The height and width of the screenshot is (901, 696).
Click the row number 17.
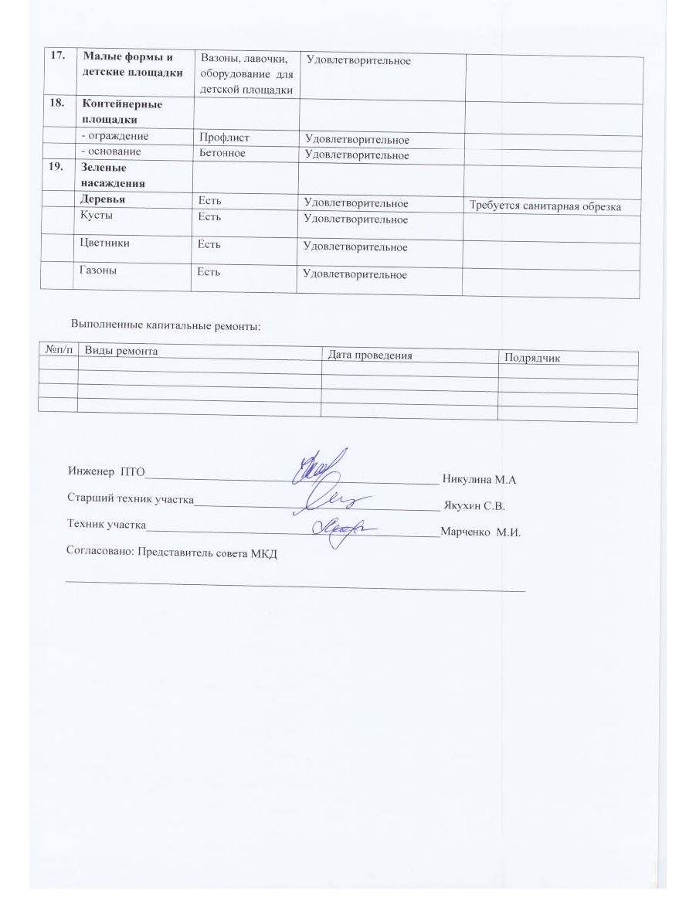click(55, 56)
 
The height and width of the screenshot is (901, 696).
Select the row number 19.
click(55, 167)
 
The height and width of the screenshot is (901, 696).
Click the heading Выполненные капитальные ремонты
click(166, 325)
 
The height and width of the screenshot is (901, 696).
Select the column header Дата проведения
click(370, 355)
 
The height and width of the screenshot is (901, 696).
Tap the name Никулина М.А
click(478, 480)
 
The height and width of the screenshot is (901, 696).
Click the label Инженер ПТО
click(101, 471)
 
